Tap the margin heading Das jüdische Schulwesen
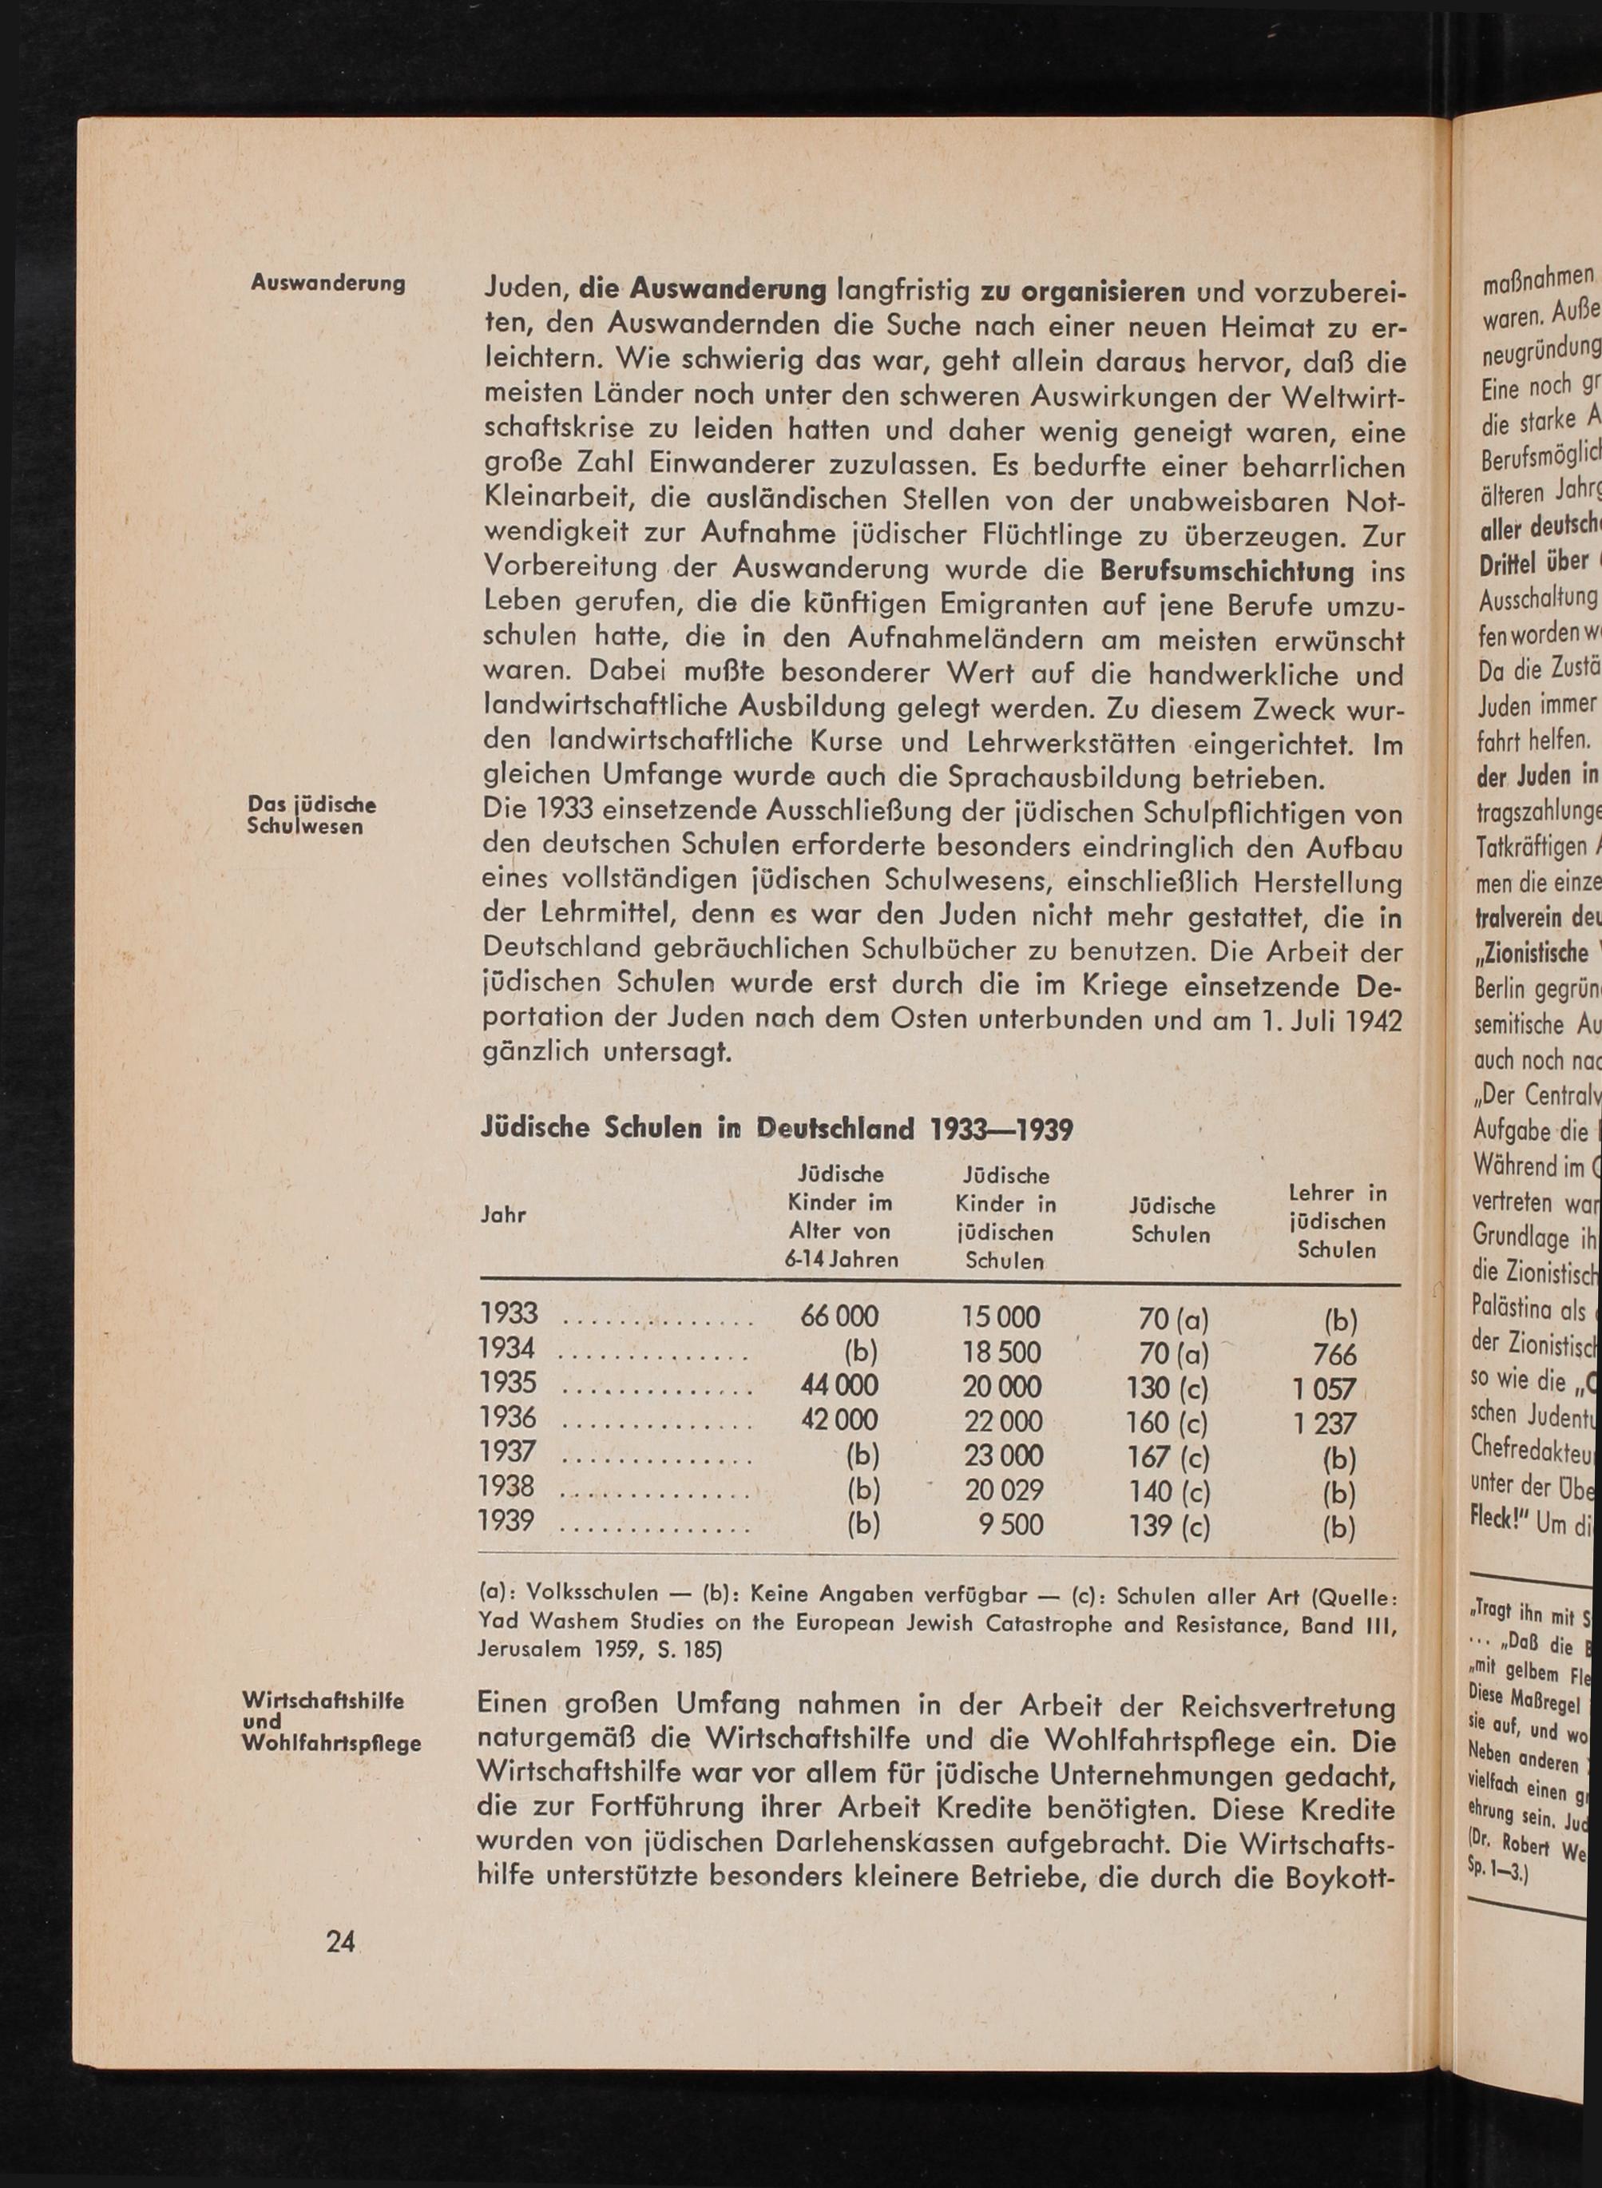311,816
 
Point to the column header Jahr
503,1215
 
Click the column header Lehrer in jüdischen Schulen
1336,1221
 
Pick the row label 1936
508,1418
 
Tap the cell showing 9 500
1010,1526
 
